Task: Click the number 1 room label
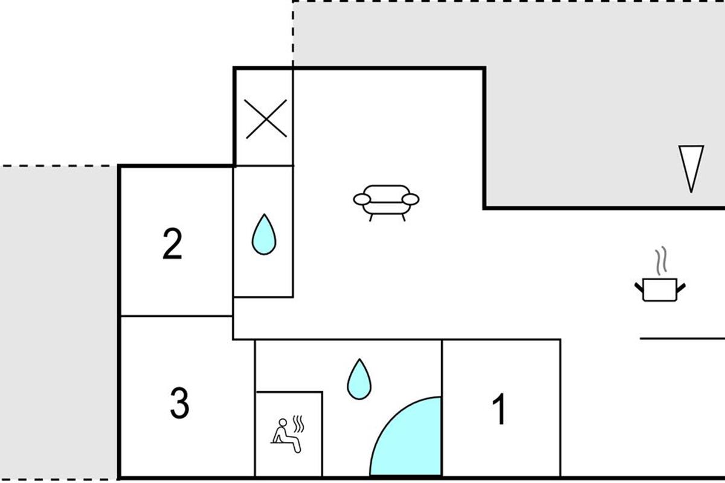point(500,410)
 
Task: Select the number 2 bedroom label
point(172,245)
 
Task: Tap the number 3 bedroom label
point(179,403)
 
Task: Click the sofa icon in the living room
point(386,200)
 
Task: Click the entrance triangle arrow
point(691,168)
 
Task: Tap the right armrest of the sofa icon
point(411,199)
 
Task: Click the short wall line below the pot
point(681,339)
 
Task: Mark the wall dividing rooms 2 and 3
point(176,316)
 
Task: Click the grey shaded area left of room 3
point(59,320)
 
